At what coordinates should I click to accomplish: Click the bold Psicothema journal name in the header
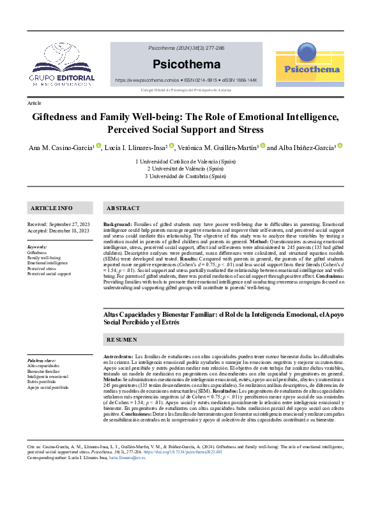click(x=186, y=64)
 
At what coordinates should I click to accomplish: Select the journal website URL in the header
click(x=146, y=81)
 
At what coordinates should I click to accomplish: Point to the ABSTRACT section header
click(x=123, y=209)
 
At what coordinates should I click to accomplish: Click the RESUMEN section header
click(x=121, y=340)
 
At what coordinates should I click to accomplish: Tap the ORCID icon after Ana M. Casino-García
click(x=98, y=146)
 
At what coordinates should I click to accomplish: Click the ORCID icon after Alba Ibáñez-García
click(x=340, y=146)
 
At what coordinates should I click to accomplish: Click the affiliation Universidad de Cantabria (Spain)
click(x=186, y=176)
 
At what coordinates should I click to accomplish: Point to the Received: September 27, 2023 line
click(x=58, y=225)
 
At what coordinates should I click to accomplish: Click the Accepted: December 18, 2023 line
click(x=58, y=231)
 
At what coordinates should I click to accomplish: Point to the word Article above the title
click(x=34, y=103)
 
